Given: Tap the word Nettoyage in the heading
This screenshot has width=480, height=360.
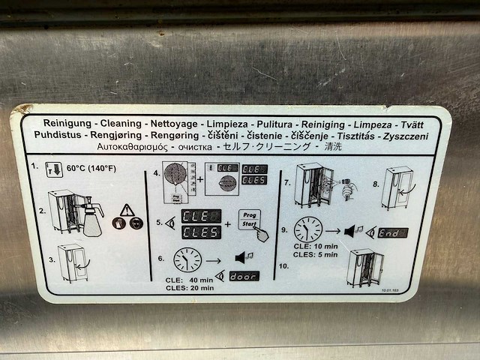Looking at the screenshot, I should click(x=158, y=122).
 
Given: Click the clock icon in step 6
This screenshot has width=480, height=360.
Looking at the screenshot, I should click(x=187, y=259).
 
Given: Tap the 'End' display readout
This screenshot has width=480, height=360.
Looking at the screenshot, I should click(x=393, y=233).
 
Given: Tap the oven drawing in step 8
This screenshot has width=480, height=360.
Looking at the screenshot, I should click(x=397, y=187).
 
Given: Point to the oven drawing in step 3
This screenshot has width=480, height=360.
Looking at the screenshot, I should click(x=73, y=262).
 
